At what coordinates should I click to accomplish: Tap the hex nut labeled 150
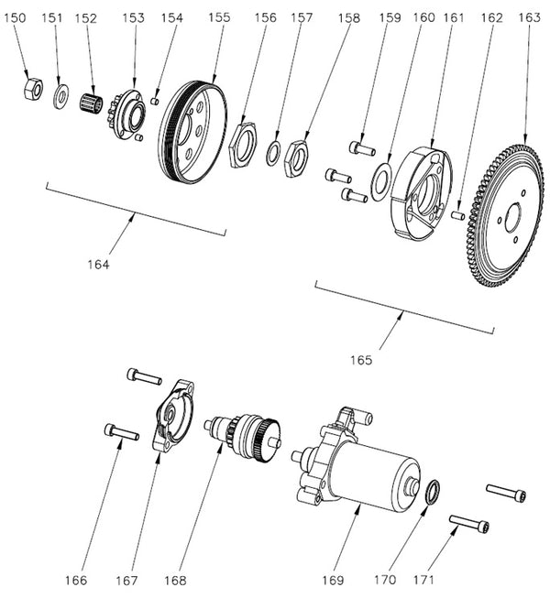[x=30, y=88]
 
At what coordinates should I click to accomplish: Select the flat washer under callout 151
[x=61, y=94]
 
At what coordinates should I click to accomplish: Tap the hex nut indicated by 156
[x=242, y=145]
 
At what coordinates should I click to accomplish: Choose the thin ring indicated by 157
[x=274, y=154]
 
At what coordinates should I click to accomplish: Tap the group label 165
[x=362, y=360]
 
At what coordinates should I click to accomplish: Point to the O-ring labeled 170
[x=433, y=492]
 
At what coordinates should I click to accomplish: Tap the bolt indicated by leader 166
[x=122, y=430]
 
